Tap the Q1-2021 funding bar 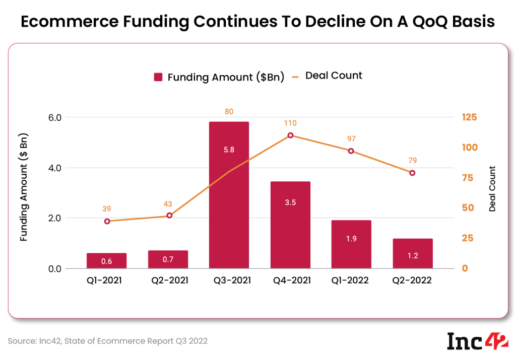pyautogui.click(x=106, y=261)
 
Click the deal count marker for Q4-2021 pyautogui.click(x=290, y=135)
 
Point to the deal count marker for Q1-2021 pyautogui.click(x=107, y=221)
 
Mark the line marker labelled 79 pyautogui.click(x=412, y=173)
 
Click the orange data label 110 pyautogui.click(x=290, y=123)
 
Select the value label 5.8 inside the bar pyautogui.click(x=229, y=150)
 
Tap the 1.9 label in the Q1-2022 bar pyautogui.click(x=351, y=239)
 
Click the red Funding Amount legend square pyautogui.click(x=158, y=77)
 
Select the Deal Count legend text pyautogui.click(x=334, y=76)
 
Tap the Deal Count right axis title pyautogui.click(x=492, y=189)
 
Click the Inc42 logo pyautogui.click(x=478, y=340)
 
